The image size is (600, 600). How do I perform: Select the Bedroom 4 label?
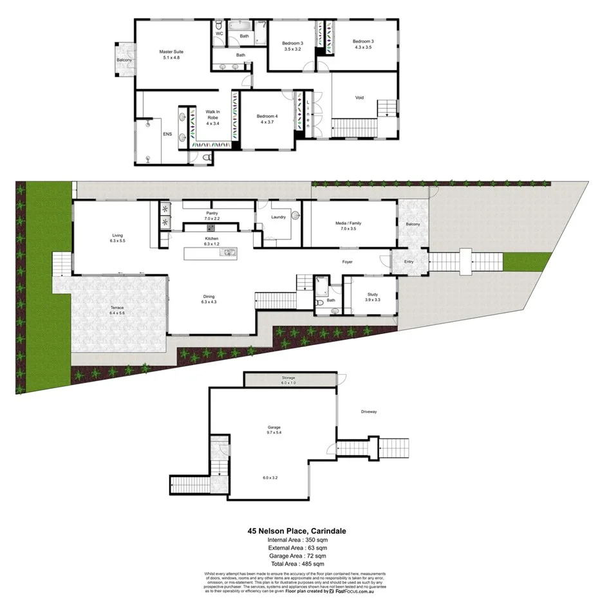pos(267,117)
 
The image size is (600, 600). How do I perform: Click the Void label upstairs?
pos(359,98)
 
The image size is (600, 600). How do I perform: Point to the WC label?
pos(219,33)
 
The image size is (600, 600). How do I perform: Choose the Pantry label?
pos(212,212)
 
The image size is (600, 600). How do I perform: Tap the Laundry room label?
pos(279,217)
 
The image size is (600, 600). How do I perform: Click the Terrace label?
pos(117,308)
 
